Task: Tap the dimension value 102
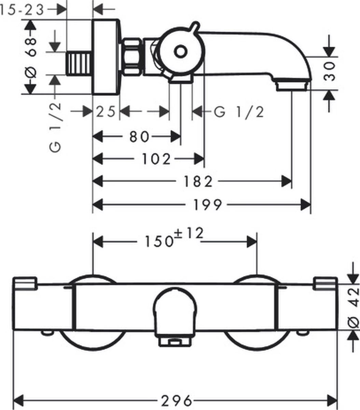156,159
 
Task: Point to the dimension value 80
139,137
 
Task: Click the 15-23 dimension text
23,10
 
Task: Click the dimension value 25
105,111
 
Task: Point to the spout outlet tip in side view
293,85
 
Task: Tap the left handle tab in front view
25,283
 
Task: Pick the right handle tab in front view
325,284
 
